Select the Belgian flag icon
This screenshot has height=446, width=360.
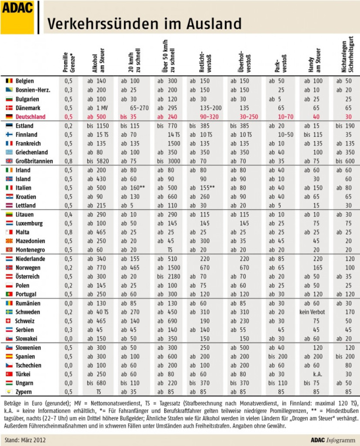pyautogui.click(x=9, y=81)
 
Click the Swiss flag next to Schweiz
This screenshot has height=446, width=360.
pyautogui.click(x=9, y=321)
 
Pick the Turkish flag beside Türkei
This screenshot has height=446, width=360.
pyautogui.click(x=9, y=374)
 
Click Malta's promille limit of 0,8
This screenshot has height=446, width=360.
pyautogui.click(x=69, y=232)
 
